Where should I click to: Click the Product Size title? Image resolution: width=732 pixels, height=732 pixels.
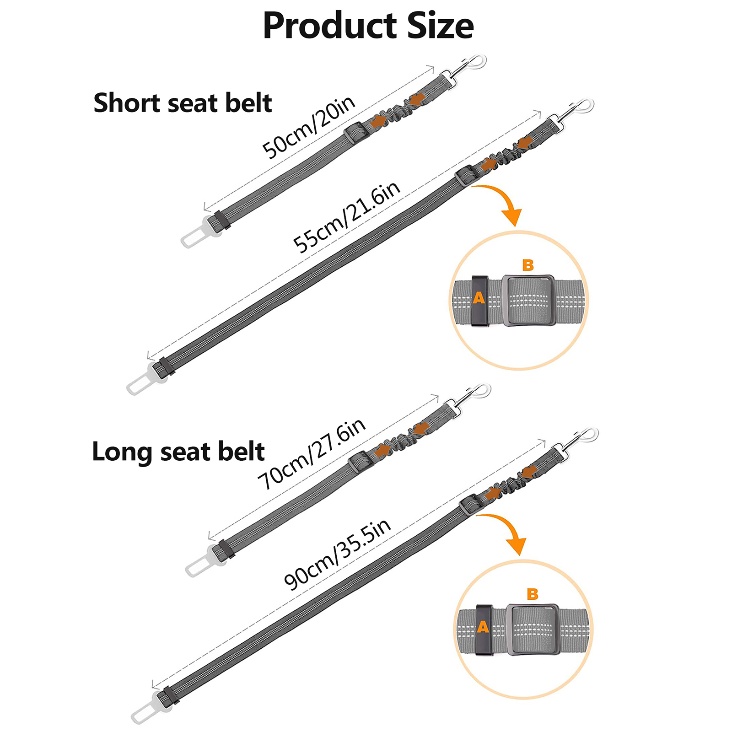click(368, 26)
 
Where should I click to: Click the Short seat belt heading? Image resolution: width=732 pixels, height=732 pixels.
click(183, 103)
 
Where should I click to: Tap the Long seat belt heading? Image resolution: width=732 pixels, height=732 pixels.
click(178, 452)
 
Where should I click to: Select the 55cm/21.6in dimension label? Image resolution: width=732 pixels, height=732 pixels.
click(347, 216)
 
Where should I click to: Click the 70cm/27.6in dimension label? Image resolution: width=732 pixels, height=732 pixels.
click(312, 454)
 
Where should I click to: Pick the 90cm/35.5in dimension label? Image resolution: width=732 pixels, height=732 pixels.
click(338, 554)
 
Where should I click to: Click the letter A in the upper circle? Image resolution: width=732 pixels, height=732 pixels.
click(479, 298)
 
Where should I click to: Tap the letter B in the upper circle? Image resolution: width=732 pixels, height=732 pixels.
click(528, 265)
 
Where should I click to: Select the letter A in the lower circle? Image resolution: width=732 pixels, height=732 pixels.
click(483, 627)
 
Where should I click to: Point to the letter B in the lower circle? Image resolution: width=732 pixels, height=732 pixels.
click(533, 594)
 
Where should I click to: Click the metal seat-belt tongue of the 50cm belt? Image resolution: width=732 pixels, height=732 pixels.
click(194, 236)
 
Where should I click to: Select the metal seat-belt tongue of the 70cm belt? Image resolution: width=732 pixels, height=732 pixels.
click(199, 565)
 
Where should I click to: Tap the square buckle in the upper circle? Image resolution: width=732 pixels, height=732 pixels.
click(529, 300)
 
